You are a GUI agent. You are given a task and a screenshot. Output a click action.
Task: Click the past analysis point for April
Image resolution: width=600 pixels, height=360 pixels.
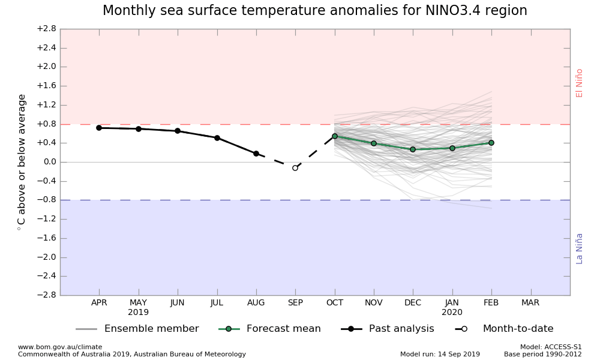pyautogui.click(x=99, y=128)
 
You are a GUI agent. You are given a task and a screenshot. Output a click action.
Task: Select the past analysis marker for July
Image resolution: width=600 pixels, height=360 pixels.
pyautogui.click(x=217, y=138)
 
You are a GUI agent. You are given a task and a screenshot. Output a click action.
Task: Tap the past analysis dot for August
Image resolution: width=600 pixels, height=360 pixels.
pyautogui.click(x=256, y=154)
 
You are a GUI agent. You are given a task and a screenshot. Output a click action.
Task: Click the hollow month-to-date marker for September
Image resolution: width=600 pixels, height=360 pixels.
pyautogui.click(x=295, y=168)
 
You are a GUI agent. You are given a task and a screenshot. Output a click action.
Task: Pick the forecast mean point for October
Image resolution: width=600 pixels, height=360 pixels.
pyautogui.click(x=335, y=136)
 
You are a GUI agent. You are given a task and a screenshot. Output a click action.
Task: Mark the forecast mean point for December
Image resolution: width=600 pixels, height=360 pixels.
pyautogui.click(x=413, y=149)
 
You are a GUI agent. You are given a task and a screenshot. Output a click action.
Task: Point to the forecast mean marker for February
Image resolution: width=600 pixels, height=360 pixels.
pyautogui.click(x=491, y=143)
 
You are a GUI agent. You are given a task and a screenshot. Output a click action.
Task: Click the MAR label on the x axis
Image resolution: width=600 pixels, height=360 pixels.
pyautogui.click(x=530, y=303)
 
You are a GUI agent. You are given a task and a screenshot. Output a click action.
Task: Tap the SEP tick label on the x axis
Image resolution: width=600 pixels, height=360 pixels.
pyautogui.click(x=295, y=303)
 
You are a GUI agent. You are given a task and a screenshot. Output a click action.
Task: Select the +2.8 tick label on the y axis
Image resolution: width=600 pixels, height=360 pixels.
pyautogui.click(x=46, y=29)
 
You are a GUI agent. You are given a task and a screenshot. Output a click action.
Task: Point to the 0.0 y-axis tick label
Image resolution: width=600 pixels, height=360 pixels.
pyautogui.click(x=49, y=162)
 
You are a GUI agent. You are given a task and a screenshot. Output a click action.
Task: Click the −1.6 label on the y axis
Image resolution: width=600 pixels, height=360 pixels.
pyautogui.click(x=46, y=238)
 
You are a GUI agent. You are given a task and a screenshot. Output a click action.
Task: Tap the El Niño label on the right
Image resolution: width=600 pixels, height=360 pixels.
pyautogui.click(x=580, y=83)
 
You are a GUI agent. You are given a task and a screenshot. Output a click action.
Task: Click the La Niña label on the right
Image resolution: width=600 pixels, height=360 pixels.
pyautogui.click(x=580, y=248)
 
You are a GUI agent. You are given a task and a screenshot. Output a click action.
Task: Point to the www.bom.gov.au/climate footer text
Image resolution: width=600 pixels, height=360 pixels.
pyautogui.click(x=60, y=347)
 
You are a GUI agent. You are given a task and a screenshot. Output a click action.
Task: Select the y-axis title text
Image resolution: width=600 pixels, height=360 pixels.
pyautogui.click(x=22, y=162)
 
